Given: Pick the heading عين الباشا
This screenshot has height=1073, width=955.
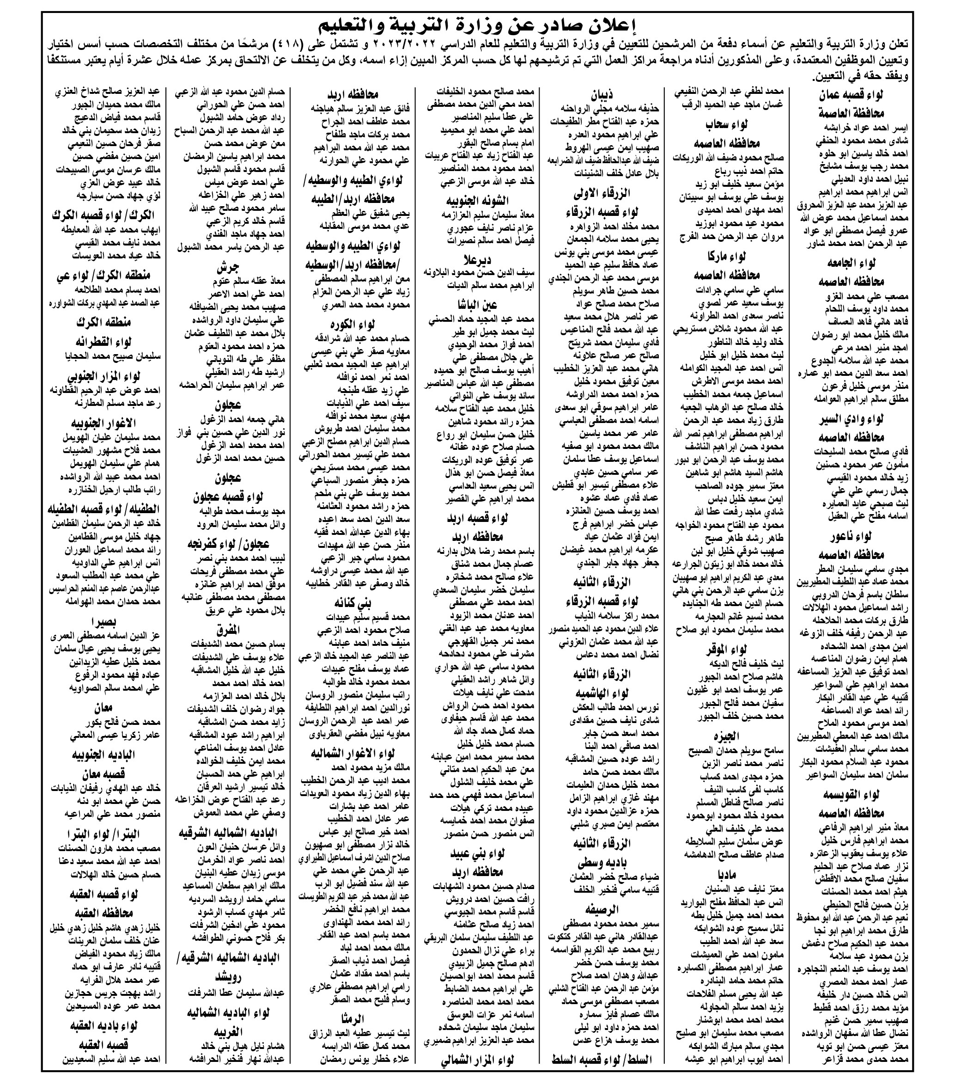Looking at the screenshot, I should point(478,305).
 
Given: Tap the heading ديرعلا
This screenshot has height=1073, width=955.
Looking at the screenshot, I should point(478,260).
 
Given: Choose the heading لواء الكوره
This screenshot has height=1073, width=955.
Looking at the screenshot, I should point(357,324).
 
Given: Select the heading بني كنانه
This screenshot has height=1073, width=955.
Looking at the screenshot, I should point(357,602).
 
